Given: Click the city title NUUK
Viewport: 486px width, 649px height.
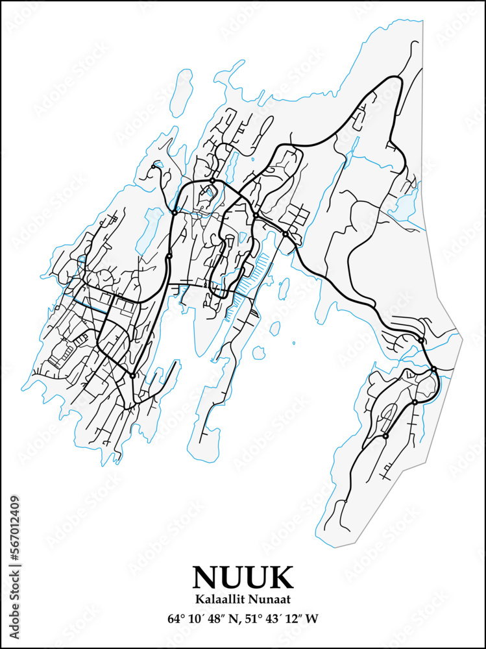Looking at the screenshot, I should pos(243,577).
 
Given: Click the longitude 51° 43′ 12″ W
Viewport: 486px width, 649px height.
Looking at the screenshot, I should pos(282,618).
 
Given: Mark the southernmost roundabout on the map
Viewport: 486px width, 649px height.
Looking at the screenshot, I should pos(385,436).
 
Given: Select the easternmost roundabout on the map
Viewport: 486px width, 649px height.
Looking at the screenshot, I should pos(434,369).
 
